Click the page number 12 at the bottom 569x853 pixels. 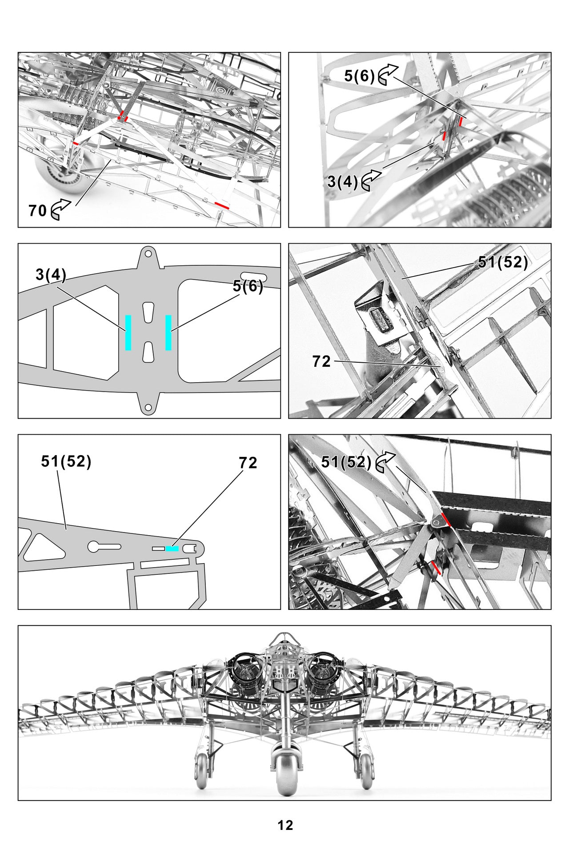click(285, 825)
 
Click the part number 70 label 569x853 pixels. click(37, 210)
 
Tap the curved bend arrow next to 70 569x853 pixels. click(61, 209)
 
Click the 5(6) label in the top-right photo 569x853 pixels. click(359, 76)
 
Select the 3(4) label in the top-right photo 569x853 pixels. click(342, 181)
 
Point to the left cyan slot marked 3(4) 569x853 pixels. click(128, 332)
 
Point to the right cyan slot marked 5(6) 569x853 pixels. click(168, 332)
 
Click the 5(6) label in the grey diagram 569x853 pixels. click(248, 286)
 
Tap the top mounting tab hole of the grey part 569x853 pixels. click(148, 255)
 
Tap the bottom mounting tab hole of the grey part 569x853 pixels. click(148, 407)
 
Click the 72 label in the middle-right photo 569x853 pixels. click(321, 361)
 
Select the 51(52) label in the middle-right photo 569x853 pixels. click(502, 262)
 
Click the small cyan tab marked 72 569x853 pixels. click(172, 549)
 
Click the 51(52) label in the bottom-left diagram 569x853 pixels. click(66, 461)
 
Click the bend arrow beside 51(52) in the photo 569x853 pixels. click(385, 462)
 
